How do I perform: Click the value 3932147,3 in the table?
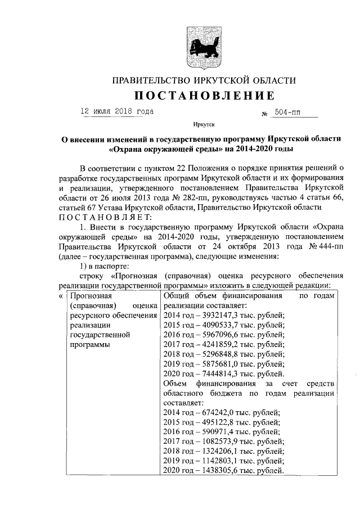click(x=219, y=314)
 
